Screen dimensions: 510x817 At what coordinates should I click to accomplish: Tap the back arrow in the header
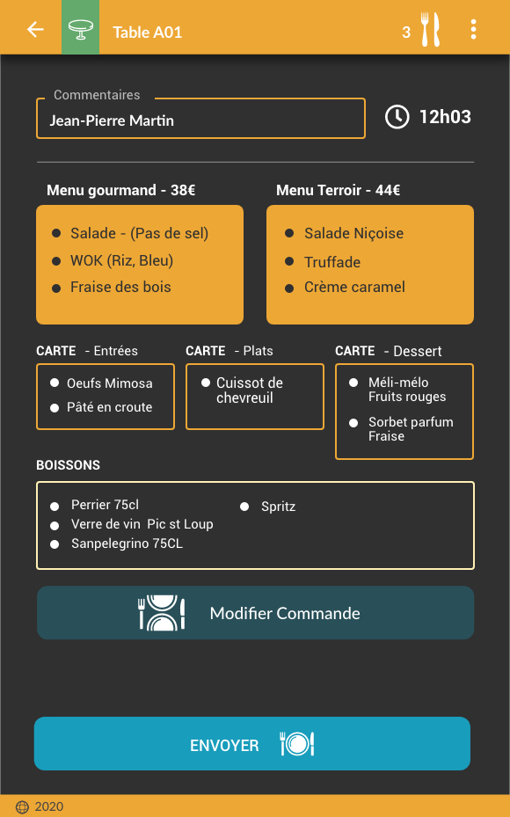pyautogui.click(x=35, y=29)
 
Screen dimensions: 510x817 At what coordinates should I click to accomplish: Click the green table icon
pyautogui.click(x=81, y=27)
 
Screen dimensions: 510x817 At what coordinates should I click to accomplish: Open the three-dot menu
pyautogui.click(x=473, y=30)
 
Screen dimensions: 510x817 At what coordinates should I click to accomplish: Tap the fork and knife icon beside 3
pyautogui.click(x=431, y=30)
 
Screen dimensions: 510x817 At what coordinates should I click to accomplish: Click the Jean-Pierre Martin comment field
pyautogui.click(x=200, y=119)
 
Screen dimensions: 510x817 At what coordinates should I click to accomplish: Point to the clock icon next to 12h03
pyautogui.click(x=397, y=117)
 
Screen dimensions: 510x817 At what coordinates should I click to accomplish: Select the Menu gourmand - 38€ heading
pyautogui.click(x=120, y=190)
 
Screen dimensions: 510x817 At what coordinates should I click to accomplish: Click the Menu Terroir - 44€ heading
pyautogui.click(x=338, y=190)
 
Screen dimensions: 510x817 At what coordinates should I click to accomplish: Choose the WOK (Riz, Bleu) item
pyautogui.click(x=121, y=260)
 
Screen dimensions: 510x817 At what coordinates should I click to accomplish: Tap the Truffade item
pyautogui.click(x=332, y=262)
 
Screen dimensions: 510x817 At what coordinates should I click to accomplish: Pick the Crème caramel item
pyautogui.click(x=354, y=287)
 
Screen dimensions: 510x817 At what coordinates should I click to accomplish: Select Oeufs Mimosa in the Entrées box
pyautogui.click(x=109, y=383)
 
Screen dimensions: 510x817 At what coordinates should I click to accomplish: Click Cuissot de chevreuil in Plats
pyautogui.click(x=250, y=390)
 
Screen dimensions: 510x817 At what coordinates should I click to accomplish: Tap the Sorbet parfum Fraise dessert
pyautogui.click(x=411, y=429)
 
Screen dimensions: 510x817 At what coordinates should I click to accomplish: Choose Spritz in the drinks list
pyautogui.click(x=278, y=507)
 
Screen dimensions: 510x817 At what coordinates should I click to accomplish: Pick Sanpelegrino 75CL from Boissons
pyautogui.click(x=127, y=543)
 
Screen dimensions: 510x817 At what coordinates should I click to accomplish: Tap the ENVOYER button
pyautogui.click(x=252, y=743)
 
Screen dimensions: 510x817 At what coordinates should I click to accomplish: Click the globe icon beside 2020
pyautogui.click(x=22, y=807)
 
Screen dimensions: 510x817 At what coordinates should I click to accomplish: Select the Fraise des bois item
pyautogui.click(x=120, y=287)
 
